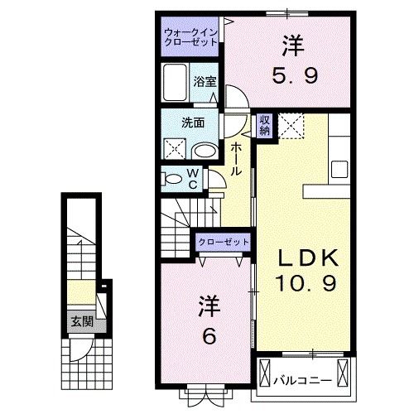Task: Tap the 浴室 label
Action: [x=205, y=81]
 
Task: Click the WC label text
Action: [x=191, y=177]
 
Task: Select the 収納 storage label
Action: [x=265, y=125]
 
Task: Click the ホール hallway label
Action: [x=237, y=157]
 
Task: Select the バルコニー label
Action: [x=303, y=381]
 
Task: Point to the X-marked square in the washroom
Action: [x=175, y=148]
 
